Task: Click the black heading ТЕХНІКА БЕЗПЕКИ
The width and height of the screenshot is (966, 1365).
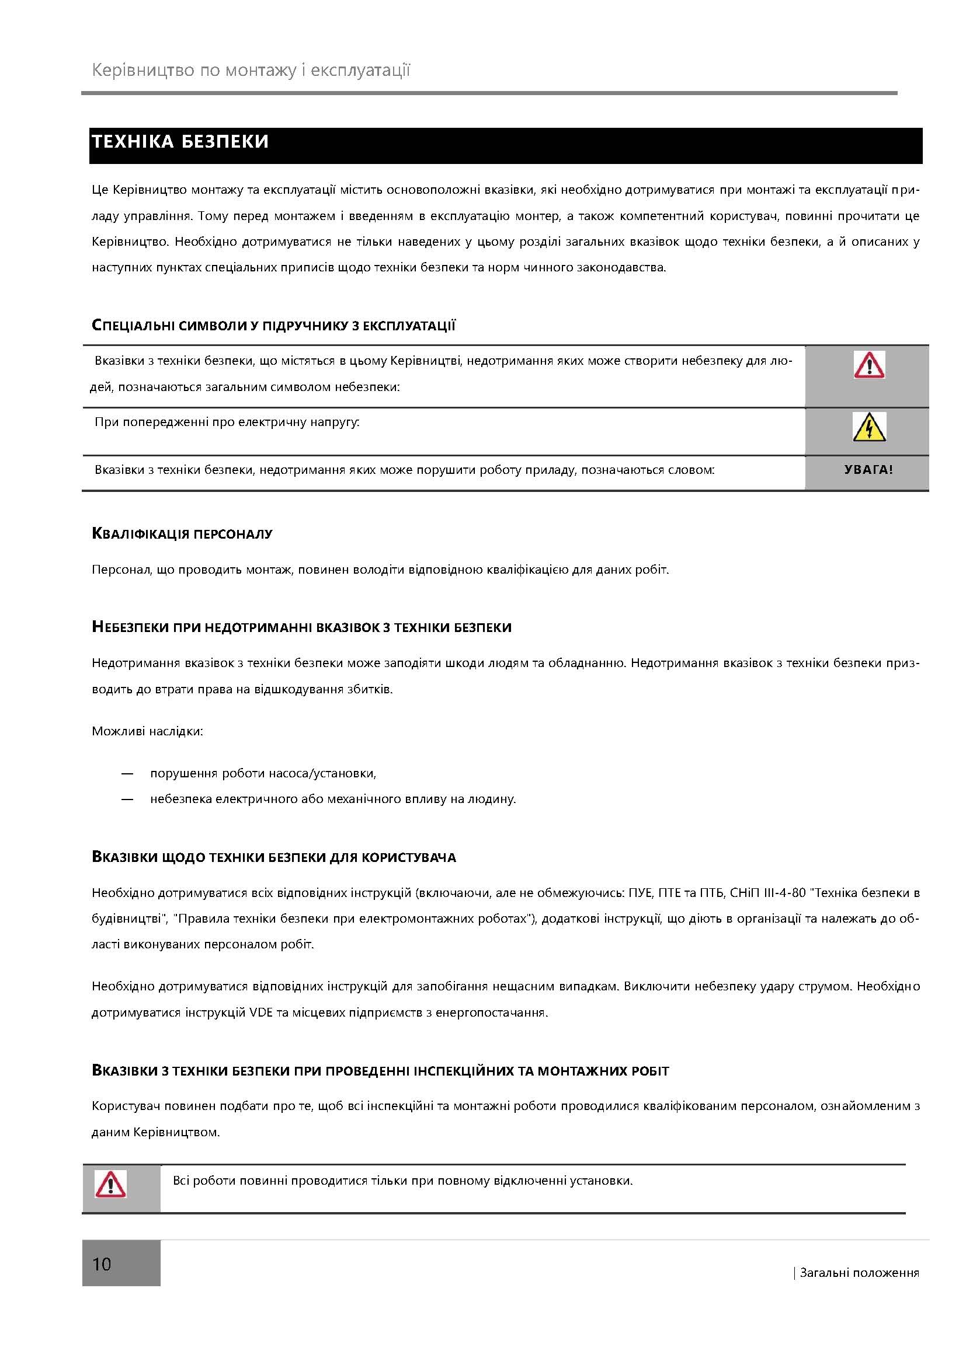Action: [x=180, y=142]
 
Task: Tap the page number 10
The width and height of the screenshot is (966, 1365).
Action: [x=102, y=1264]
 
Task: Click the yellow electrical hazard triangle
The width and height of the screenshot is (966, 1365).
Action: [x=869, y=427]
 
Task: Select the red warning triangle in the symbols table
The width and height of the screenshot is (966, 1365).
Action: [x=869, y=365]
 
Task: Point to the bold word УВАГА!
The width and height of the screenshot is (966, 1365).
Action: [x=868, y=470]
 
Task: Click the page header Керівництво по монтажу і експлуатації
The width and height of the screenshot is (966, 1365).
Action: [x=251, y=70]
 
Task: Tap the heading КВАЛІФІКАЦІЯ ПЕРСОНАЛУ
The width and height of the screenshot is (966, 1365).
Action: [x=182, y=534]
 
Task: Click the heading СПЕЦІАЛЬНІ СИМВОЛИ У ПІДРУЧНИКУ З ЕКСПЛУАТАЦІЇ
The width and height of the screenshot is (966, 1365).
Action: [x=273, y=326]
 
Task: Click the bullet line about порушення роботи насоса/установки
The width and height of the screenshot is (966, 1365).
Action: [x=263, y=773]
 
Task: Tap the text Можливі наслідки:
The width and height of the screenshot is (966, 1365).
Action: [x=148, y=731]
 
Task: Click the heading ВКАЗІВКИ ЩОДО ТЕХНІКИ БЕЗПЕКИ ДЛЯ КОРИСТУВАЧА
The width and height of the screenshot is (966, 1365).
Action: [x=273, y=857]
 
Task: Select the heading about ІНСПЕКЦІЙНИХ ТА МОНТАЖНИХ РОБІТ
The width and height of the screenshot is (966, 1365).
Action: [x=381, y=1071]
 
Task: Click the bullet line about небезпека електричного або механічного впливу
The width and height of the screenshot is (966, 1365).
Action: [x=333, y=799]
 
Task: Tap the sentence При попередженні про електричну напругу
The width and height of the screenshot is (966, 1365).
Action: [x=227, y=423]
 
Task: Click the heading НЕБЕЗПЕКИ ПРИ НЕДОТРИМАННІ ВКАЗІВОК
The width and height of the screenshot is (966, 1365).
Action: [x=301, y=628]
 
